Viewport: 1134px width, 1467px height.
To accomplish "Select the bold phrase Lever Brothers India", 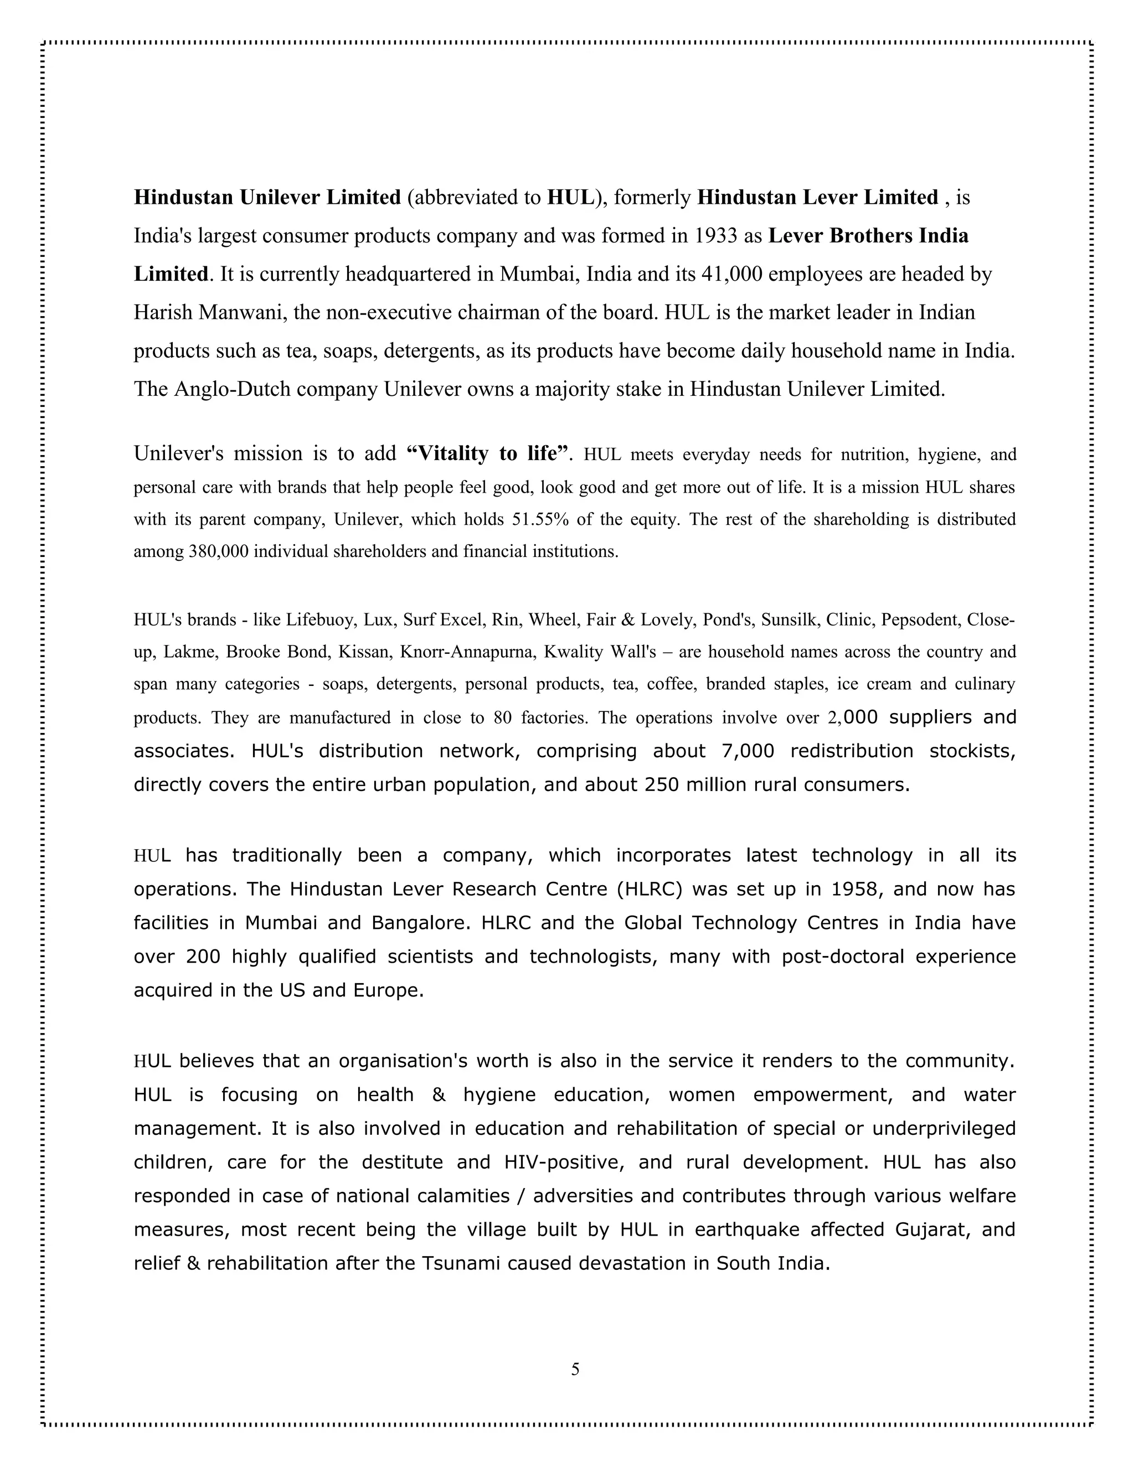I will [x=868, y=236].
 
